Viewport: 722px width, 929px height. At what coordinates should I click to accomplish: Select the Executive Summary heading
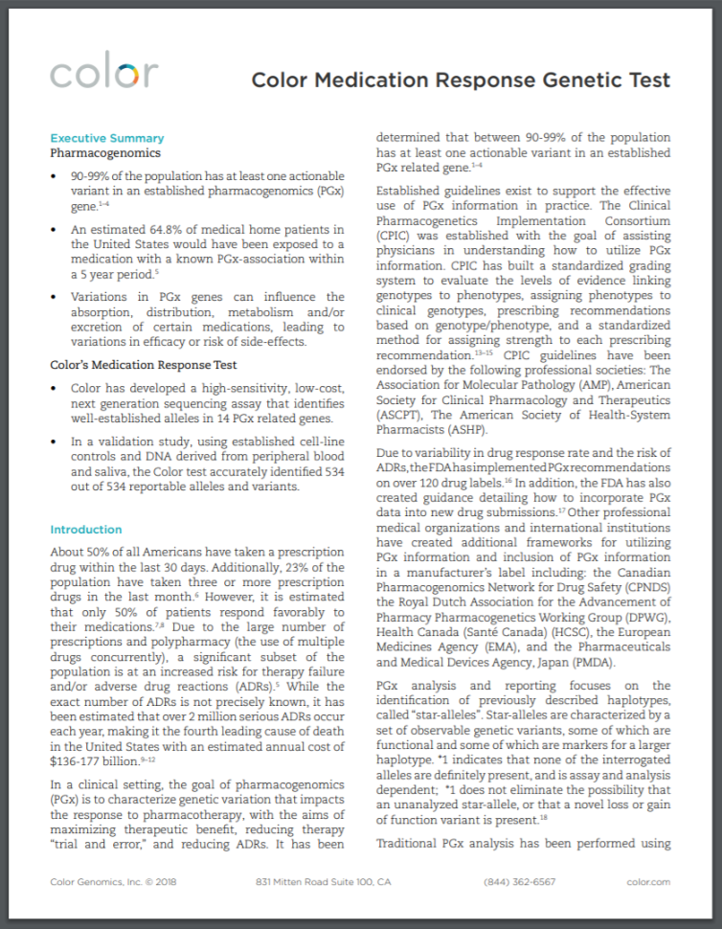107,138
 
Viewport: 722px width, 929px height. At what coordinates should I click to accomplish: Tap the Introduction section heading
86,530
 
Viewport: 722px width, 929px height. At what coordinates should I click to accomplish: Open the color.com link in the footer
648,881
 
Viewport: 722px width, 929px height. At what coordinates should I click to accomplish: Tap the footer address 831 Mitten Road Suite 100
324,881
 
